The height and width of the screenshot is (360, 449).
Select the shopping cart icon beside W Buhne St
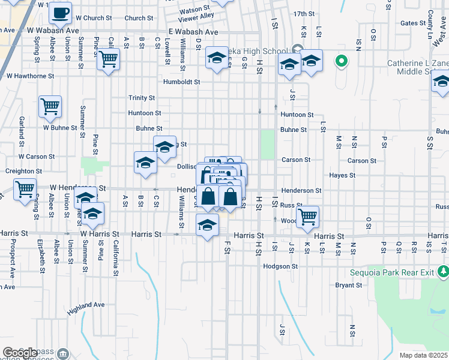(x=50, y=107)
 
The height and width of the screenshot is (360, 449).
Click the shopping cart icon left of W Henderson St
(x=25, y=189)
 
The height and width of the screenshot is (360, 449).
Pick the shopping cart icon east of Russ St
(x=307, y=215)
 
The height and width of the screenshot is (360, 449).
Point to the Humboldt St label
(x=181, y=82)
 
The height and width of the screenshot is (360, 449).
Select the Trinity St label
(x=142, y=98)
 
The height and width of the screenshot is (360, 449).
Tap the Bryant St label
(x=349, y=285)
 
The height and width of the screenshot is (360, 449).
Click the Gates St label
(x=412, y=23)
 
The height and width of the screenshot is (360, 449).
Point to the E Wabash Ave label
(x=193, y=31)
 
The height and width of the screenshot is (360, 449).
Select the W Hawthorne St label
(x=30, y=76)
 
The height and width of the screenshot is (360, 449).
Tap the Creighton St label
(x=23, y=171)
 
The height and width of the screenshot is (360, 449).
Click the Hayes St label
(x=342, y=175)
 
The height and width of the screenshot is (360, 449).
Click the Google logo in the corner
(x=20, y=353)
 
